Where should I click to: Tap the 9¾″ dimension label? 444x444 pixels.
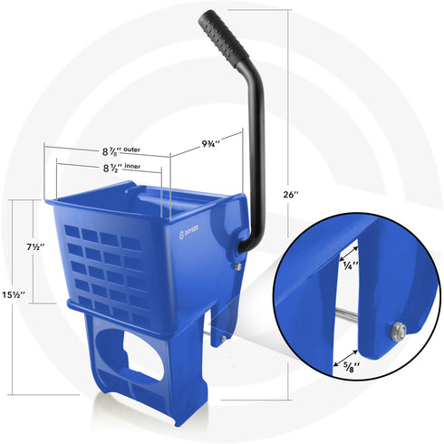(x=209, y=141)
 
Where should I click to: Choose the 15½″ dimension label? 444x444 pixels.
(x=14, y=295)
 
